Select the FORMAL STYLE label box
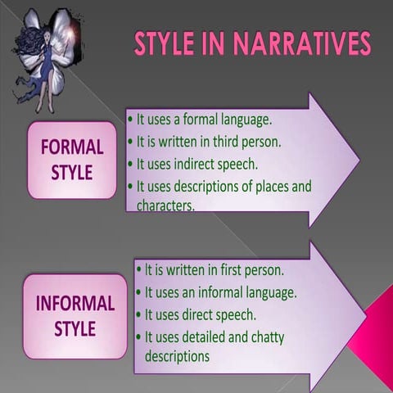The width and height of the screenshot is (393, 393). pyautogui.click(x=72, y=160)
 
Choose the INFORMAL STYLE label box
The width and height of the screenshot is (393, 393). pyautogui.click(x=75, y=316)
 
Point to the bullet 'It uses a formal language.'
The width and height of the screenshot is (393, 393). pyautogui.click(x=201, y=120)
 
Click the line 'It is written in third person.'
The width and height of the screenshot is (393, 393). pyautogui.click(x=208, y=141)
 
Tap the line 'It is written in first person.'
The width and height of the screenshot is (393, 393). pyautogui.click(x=214, y=269)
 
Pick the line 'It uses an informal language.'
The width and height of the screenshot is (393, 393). pyautogui.click(x=220, y=291)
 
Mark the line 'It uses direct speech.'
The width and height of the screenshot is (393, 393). pyautogui.click(x=201, y=314)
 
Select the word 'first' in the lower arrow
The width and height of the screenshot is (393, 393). pyautogui.click(x=233, y=269)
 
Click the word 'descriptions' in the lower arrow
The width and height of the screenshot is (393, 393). pyautogui.click(x=178, y=356)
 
